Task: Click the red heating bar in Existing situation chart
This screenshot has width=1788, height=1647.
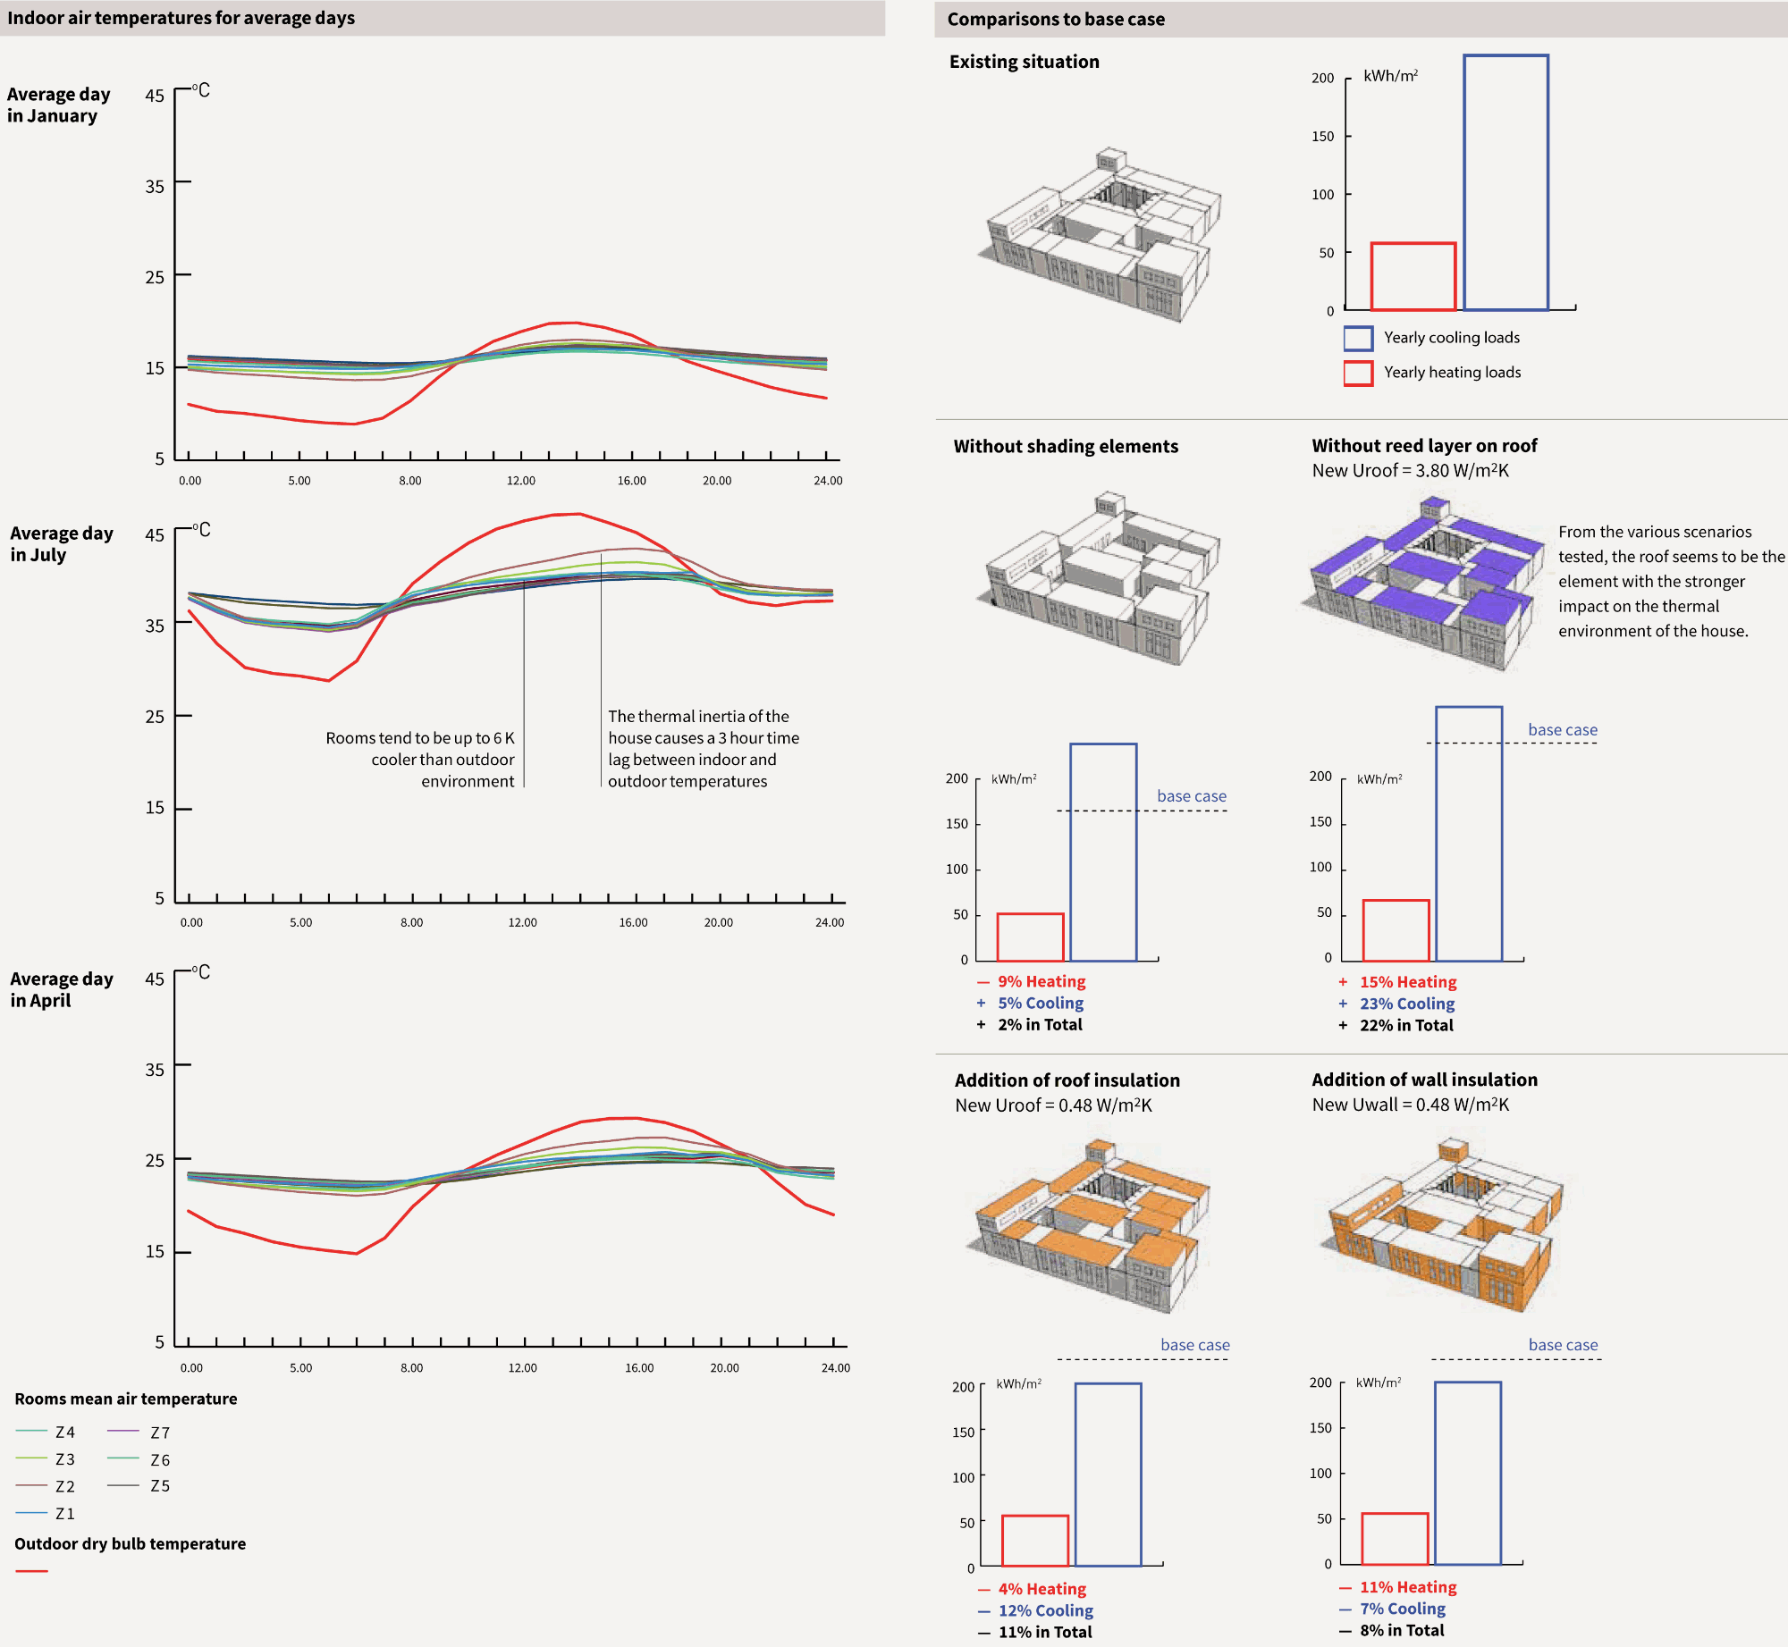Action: pyautogui.click(x=1413, y=277)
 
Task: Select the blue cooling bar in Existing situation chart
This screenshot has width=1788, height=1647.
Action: pyautogui.click(x=1505, y=183)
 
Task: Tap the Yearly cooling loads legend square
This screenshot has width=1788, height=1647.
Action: pyautogui.click(x=1357, y=338)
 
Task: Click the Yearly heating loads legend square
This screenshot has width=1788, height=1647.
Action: pyautogui.click(x=1357, y=373)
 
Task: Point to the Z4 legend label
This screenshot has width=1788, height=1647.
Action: pyautogui.click(x=65, y=1433)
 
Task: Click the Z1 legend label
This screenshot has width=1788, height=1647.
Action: pyautogui.click(x=65, y=1514)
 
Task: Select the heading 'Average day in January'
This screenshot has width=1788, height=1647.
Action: pyautogui.click(x=58, y=105)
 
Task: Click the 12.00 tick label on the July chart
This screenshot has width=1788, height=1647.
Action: pyautogui.click(x=522, y=922)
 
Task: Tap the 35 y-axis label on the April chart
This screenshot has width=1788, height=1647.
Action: pyautogui.click(x=155, y=1070)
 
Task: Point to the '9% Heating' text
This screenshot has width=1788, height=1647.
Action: pyautogui.click(x=1042, y=981)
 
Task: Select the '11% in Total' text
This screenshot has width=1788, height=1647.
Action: pyautogui.click(x=1044, y=1632)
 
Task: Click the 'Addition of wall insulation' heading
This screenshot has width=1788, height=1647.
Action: pyautogui.click(x=1424, y=1080)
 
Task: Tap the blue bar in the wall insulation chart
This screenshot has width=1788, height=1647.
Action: pyautogui.click(x=1467, y=1474)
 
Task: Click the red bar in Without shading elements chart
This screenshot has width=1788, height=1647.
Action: pyautogui.click(x=1030, y=937)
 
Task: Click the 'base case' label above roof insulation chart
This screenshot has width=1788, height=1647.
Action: pyautogui.click(x=1194, y=1345)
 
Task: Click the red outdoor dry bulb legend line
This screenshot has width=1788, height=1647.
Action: pyautogui.click(x=31, y=1571)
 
